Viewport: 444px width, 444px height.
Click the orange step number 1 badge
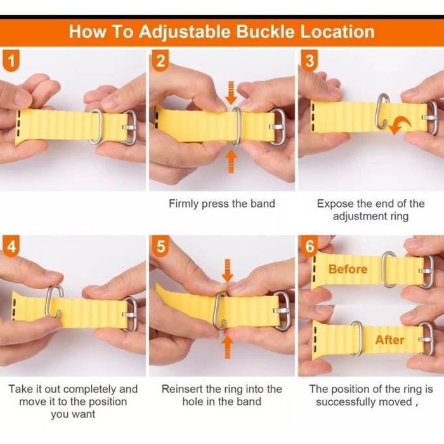point(11,60)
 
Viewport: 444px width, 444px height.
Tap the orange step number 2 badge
point(160,60)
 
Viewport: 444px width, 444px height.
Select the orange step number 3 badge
point(310,60)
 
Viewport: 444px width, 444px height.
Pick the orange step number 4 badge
point(11,246)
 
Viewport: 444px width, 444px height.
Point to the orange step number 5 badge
point(160,246)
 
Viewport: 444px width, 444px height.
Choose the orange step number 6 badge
point(310,246)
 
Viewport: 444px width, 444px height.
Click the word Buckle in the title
point(265,32)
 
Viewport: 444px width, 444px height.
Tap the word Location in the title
point(337,32)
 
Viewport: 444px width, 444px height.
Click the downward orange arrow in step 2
point(232,93)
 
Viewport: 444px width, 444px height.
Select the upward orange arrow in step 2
point(232,161)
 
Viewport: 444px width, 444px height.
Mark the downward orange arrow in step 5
point(227,270)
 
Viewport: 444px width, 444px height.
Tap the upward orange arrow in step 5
point(227,347)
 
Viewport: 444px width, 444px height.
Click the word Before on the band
point(348,269)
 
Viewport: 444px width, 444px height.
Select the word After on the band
point(389,340)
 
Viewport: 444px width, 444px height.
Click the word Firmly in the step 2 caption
point(183,204)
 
